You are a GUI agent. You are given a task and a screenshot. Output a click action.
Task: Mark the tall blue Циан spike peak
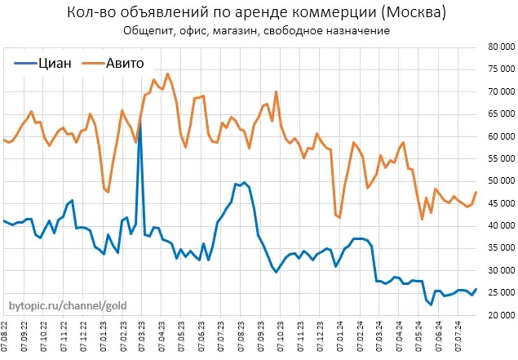pyautogui.click(x=139, y=122)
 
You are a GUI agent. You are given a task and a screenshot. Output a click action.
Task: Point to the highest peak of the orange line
pyautogui.click(x=167, y=73)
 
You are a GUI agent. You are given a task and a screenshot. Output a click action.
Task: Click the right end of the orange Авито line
pyautogui.click(x=476, y=192)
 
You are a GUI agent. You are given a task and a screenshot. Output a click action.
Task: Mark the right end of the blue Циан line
pyautogui.click(x=476, y=289)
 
